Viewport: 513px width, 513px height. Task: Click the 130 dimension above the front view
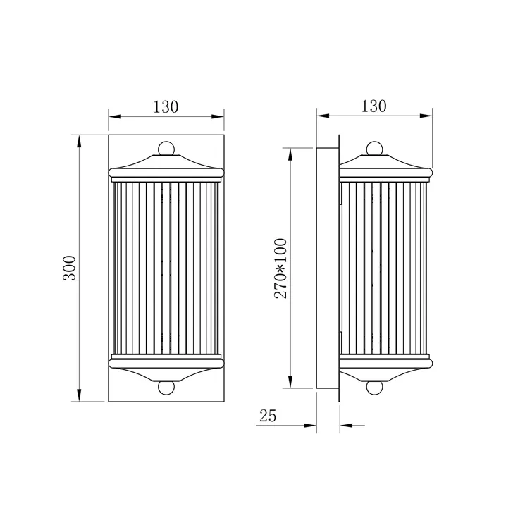[166, 107]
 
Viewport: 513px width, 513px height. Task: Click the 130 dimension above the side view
[373, 106]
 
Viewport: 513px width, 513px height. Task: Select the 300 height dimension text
[69, 268]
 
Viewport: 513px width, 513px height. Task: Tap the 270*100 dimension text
[280, 268]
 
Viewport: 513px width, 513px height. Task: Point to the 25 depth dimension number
[268, 416]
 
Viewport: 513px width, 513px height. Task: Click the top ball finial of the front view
[166, 149]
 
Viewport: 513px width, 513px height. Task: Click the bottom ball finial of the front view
[166, 388]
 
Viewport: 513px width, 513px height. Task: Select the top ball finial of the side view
[374, 149]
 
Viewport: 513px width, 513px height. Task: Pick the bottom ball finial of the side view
[374, 388]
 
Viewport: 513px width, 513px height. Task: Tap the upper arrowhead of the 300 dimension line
[79, 141]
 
